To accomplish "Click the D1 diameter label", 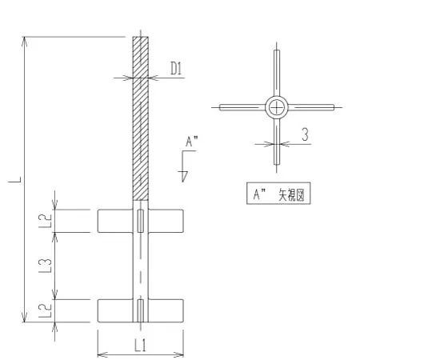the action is [x=176, y=69].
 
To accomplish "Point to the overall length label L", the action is [x=14, y=179].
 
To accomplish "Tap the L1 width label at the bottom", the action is [x=141, y=346].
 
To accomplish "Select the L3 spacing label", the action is [x=46, y=266].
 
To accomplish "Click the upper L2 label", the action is [x=46, y=221].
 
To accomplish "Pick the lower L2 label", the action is [x=46, y=310].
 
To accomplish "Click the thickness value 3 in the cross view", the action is [x=305, y=134].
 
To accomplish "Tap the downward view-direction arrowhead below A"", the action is [x=184, y=176].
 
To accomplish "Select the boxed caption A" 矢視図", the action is [x=278, y=194].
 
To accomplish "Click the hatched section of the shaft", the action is [x=141, y=118].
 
